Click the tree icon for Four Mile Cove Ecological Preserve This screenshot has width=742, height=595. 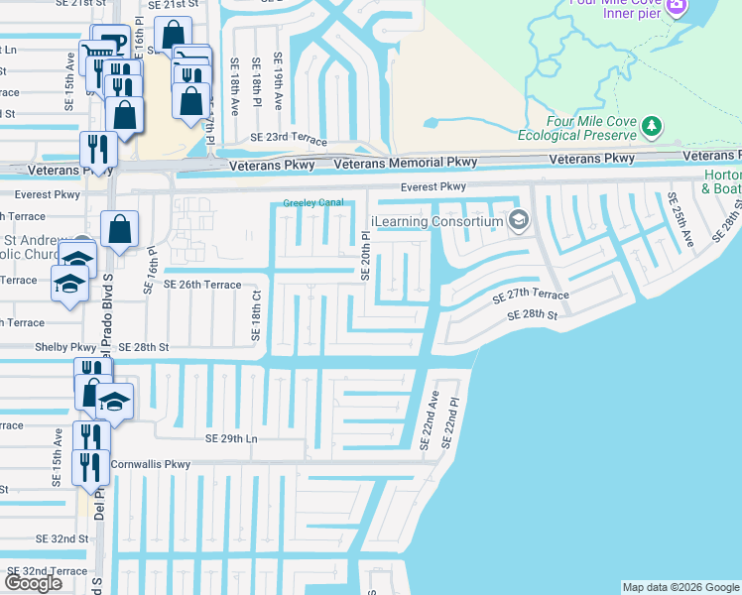pyautogui.click(x=651, y=126)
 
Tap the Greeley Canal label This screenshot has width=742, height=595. pyautogui.click(x=313, y=203)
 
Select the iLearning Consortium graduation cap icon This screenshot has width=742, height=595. pyautogui.click(x=516, y=220)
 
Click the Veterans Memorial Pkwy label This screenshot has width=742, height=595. pyautogui.click(x=406, y=162)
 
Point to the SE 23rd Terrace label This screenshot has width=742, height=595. pyautogui.click(x=289, y=138)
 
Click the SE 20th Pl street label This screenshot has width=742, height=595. pyautogui.click(x=365, y=257)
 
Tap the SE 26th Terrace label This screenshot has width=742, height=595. pyautogui.click(x=203, y=285)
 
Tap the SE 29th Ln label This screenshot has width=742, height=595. pyautogui.click(x=230, y=438)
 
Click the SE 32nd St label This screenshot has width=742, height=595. pyautogui.click(x=62, y=538)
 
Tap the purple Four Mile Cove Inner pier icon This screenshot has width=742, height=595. pyautogui.click(x=677, y=6)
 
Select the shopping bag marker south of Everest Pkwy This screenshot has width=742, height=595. pyautogui.click(x=119, y=230)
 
